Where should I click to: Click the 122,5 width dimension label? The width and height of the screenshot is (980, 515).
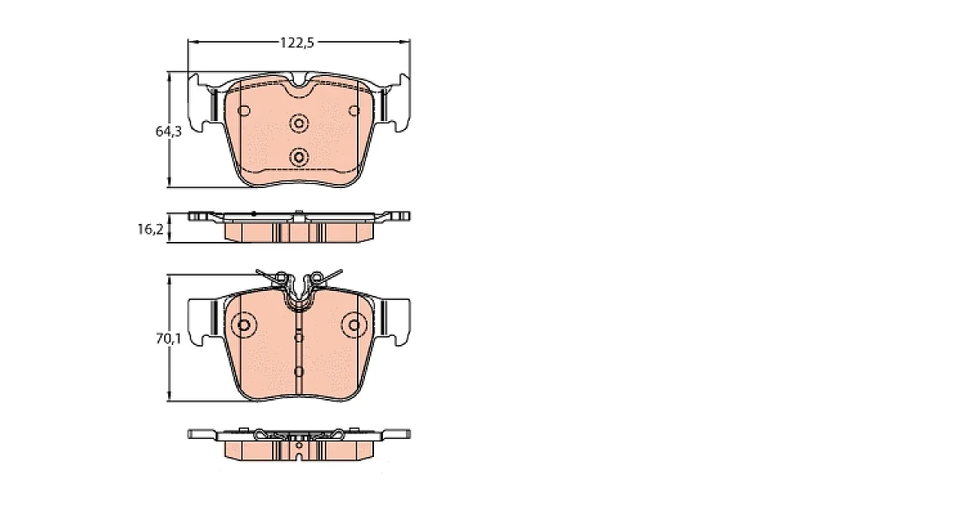297,43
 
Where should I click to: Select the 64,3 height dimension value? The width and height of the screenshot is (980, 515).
168,131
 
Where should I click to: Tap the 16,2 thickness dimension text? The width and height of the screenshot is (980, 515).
150,229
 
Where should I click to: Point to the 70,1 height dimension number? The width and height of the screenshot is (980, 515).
168,338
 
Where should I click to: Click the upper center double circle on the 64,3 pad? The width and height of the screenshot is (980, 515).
299,123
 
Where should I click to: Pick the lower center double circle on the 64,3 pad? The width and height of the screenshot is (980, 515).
299,157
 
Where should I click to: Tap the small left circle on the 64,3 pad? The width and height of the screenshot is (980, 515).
243,111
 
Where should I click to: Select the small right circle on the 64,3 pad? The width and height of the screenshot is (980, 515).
354,111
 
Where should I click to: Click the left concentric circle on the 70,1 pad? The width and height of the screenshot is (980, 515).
243,325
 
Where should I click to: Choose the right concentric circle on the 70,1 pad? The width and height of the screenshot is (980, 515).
354,325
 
